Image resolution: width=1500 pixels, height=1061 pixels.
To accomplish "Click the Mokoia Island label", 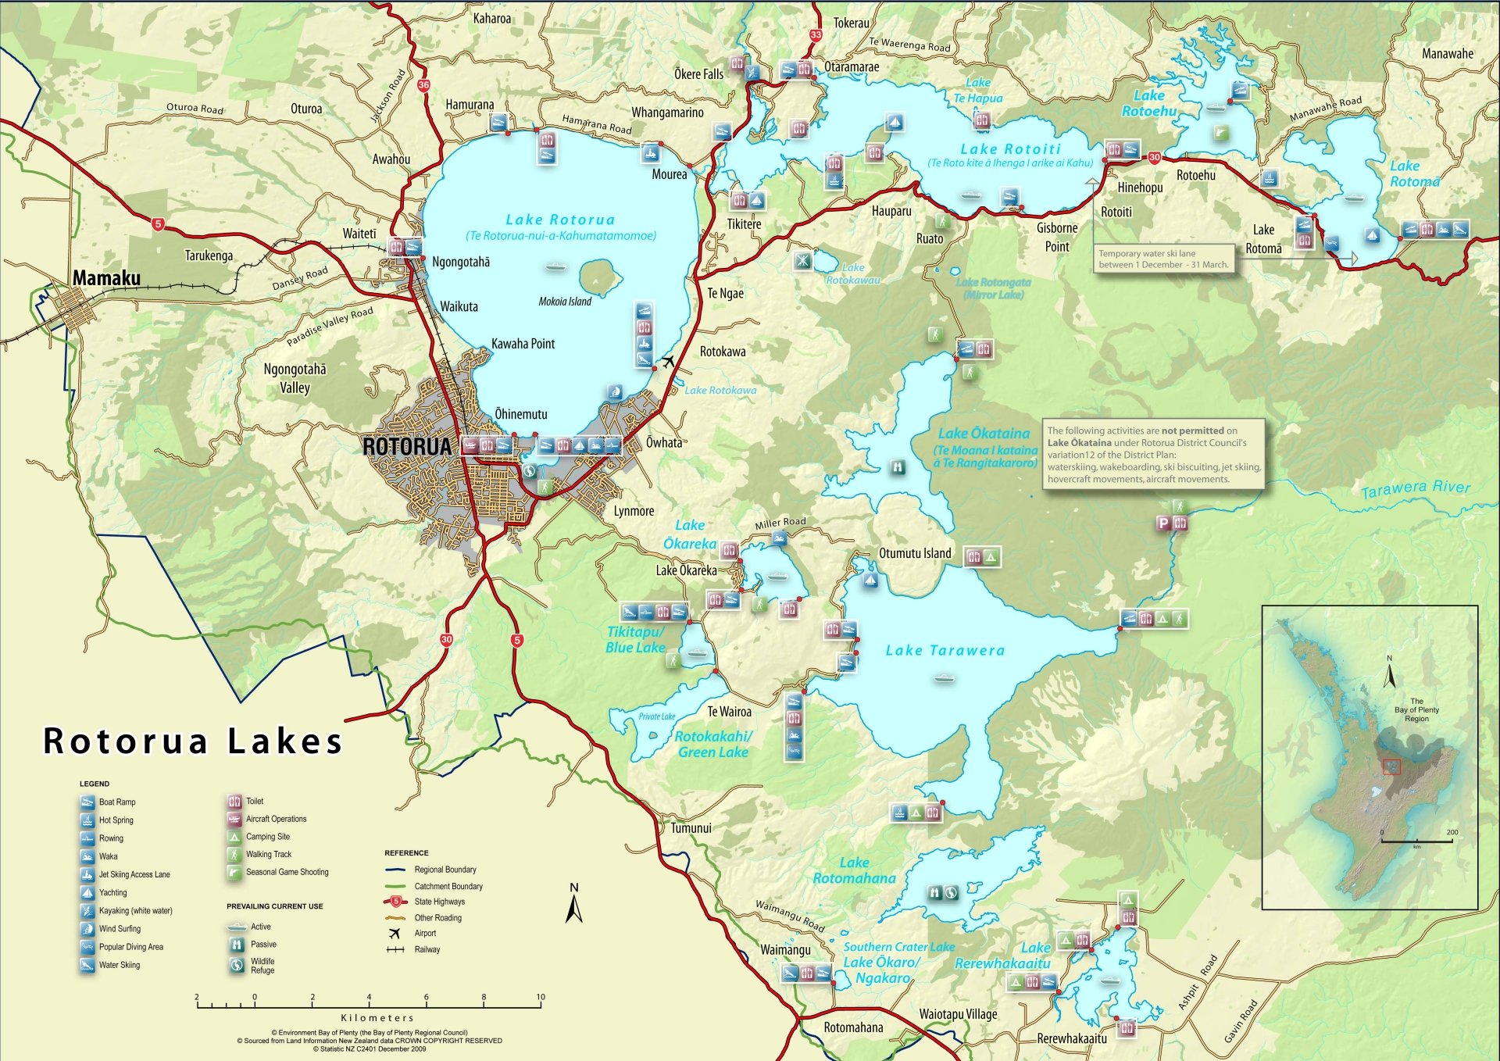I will tap(564, 302).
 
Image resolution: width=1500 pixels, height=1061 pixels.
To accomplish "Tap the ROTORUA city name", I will tap(407, 447).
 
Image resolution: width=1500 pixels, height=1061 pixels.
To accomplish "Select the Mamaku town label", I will tap(106, 278).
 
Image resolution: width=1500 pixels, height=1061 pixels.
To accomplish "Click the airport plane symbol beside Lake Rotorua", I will tap(668, 362).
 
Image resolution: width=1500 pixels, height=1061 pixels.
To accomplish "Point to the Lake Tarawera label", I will tap(945, 650).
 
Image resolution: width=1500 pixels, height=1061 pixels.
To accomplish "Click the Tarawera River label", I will tap(1415, 489).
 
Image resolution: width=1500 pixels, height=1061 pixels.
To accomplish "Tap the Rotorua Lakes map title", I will tap(193, 741).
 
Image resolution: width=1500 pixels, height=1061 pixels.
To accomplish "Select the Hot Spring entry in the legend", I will tap(116, 820).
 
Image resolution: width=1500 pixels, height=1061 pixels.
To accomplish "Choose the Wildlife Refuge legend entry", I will tap(262, 966).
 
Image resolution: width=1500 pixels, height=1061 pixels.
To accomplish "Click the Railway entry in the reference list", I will tap(427, 949).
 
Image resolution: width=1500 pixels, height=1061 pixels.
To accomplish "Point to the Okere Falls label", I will tap(698, 74).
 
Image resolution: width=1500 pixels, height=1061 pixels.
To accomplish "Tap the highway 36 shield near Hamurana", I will tap(423, 85).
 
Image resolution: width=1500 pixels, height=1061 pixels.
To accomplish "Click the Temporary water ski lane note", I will tap(1162, 259).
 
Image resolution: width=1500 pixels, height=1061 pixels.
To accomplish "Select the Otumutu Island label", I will tap(915, 553).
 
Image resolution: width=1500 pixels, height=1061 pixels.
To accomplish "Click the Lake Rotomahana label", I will tap(854, 870).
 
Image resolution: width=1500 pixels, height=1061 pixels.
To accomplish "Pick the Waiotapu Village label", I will tap(958, 1014).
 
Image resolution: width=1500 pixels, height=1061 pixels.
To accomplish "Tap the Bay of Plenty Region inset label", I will tap(1416, 710).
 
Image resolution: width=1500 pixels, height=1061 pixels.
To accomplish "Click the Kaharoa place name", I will tap(492, 18).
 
